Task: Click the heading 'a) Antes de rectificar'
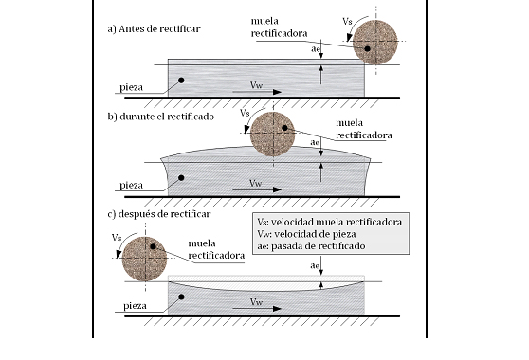[x=154, y=29]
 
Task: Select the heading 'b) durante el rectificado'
[x=161, y=117]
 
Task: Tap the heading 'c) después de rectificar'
[x=159, y=214]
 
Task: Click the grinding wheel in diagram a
[x=375, y=42]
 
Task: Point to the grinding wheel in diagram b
[x=273, y=134]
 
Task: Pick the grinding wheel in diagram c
[x=144, y=259]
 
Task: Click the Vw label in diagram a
[x=256, y=85]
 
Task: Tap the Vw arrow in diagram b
[x=257, y=189]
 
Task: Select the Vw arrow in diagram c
[x=257, y=309]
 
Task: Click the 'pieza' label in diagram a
[x=131, y=88]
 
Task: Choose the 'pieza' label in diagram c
[x=135, y=306]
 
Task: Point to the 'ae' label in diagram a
[x=315, y=49]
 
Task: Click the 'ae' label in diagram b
[x=315, y=143]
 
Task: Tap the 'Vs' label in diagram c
[x=117, y=238]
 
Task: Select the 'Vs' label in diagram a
[x=347, y=22]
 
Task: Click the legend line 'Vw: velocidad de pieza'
[x=306, y=234]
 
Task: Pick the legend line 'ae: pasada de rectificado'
[x=311, y=246]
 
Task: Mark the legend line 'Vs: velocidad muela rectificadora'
[x=330, y=222]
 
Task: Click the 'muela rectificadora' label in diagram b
[x=364, y=129]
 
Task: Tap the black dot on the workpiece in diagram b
[x=181, y=178]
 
